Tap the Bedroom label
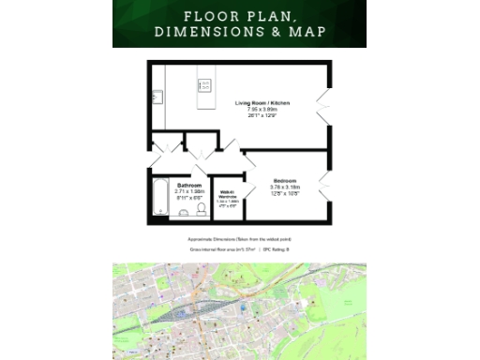click(285, 180)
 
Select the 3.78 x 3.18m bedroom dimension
click(285, 187)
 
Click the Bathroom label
click(189, 186)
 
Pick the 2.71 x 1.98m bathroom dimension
click(189, 192)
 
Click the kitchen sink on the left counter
click(158, 97)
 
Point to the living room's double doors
click(325, 101)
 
